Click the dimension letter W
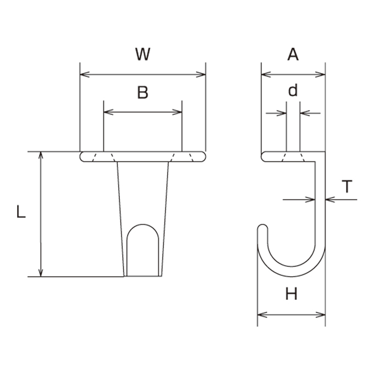pos(143,54)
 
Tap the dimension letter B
pos(142,92)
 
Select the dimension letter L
pos(21,211)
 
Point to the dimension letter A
pos(293,54)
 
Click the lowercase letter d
pos(293,90)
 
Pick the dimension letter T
pos(347,186)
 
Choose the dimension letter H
pos(291,294)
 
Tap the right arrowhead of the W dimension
pos(201,74)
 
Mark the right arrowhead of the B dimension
pos(177,112)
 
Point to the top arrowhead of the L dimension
pos(41,155)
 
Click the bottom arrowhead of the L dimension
pos(41,273)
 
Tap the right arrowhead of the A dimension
pos(320,74)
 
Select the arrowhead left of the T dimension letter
pos(310,200)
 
